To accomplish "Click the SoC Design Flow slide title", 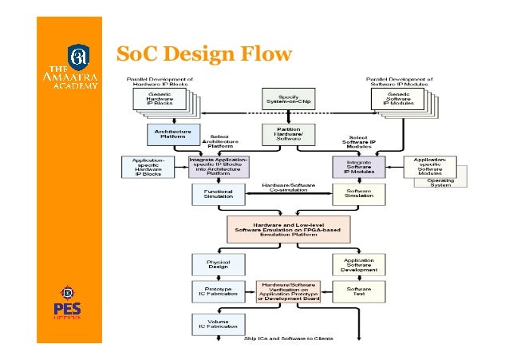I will coord(204,54).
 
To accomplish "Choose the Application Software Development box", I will coord(358,264).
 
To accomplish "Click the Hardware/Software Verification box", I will coord(287,291).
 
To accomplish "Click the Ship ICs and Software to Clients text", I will coord(288,338).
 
